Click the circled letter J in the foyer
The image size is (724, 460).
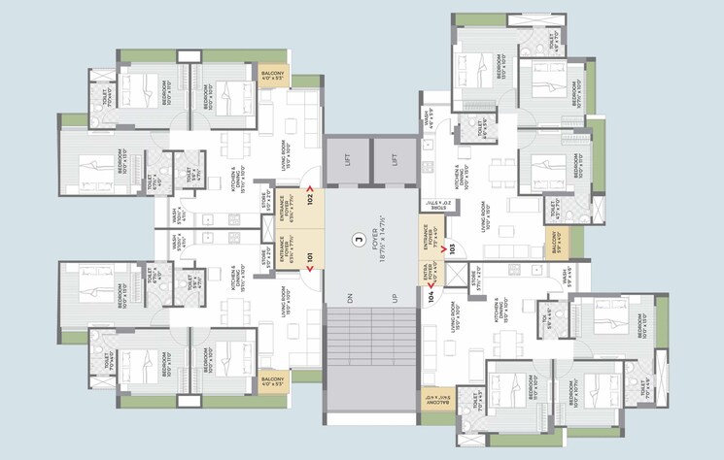click(x=358, y=237)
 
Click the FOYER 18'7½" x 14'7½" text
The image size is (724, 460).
click(x=372, y=252)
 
